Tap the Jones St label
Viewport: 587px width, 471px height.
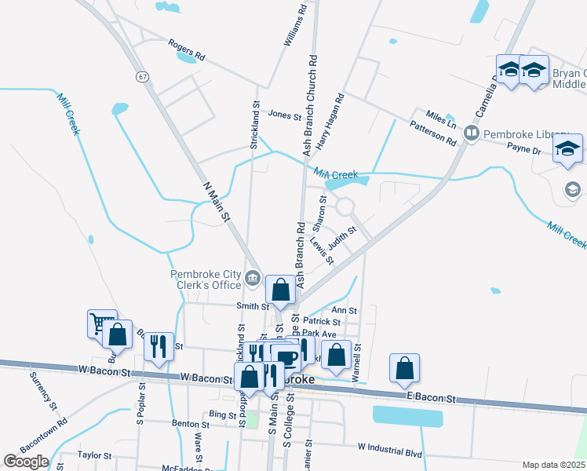point(285,115)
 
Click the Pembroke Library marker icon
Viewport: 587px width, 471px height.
point(472,133)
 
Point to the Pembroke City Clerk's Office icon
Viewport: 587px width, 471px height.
point(253,276)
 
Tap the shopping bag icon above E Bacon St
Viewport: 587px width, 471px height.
point(404,367)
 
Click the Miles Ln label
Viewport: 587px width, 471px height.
point(441,119)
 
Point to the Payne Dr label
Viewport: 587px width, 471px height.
point(524,148)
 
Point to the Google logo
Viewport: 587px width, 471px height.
point(26,462)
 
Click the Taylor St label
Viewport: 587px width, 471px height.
point(95,455)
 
